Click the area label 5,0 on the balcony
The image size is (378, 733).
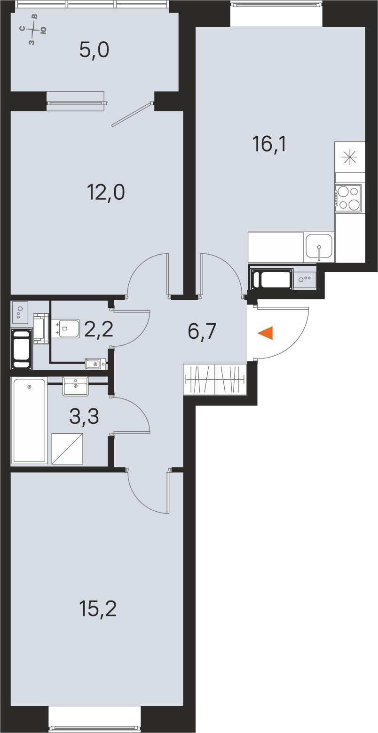tap(94, 50)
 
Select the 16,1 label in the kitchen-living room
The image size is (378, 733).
tap(268, 145)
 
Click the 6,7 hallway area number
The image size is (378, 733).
tap(202, 332)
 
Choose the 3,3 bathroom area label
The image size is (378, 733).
tap(84, 416)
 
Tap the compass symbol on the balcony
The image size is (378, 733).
tap(36, 30)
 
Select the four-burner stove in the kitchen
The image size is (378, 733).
tap(348, 197)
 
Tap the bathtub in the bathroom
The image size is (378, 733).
tap(29, 420)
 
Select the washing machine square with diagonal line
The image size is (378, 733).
tap(68, 448)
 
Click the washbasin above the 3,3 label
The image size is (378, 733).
tap(75, 387)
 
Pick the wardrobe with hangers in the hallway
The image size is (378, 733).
tap(215, 379)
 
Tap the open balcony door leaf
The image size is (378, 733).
tap(133, 114)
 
